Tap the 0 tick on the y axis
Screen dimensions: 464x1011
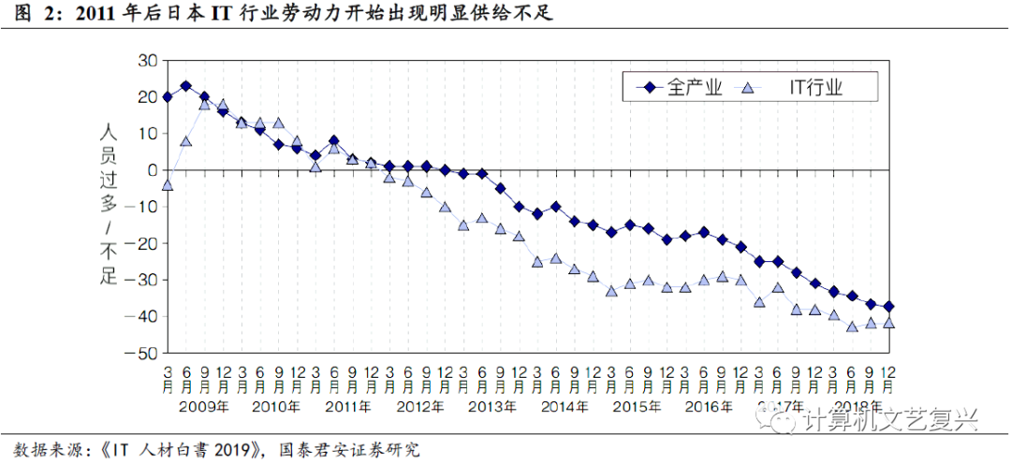[x=150, y=170]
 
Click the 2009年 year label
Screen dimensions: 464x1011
[x=204, y=407]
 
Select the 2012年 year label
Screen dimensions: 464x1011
[x=422, y=407]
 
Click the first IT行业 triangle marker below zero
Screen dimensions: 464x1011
[x=168, y=184]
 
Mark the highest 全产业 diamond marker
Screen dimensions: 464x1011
[x=185, y=86]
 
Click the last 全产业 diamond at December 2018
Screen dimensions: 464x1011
[x=888, y=306]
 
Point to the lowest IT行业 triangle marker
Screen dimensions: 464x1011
[x=852, y=326]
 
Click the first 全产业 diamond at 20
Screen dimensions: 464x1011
[x=168, y=97]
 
